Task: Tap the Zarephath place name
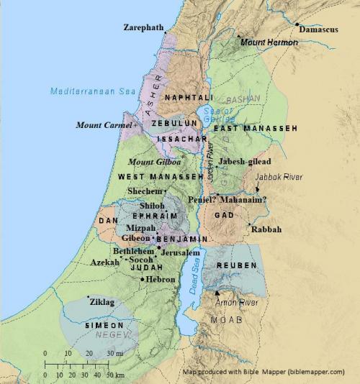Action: pyautogui.click(x=143, y=27)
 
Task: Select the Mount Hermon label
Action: pyautogui.click(x=267, y=43)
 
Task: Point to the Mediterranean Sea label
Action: pyautogui.click(x=82, y=91)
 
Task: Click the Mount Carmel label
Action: pyautogui.click(x=104, y=125)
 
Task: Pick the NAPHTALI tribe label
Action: pyautogui.click(x=188, y=97)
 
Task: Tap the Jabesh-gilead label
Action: pyautogui.click(x=245, y=162)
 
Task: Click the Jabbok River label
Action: pyautogui.click(x=277, y=177)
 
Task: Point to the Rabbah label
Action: pyautogui.click(x=266, y=229)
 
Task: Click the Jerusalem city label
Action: pyautogui.click(x=180, y=253)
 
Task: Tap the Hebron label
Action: pyautogui.click(x=161, y=279)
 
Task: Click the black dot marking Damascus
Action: pyautogui.click(x=297, y=24)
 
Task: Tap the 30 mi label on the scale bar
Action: pyautogui.click(x=115, y=354)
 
